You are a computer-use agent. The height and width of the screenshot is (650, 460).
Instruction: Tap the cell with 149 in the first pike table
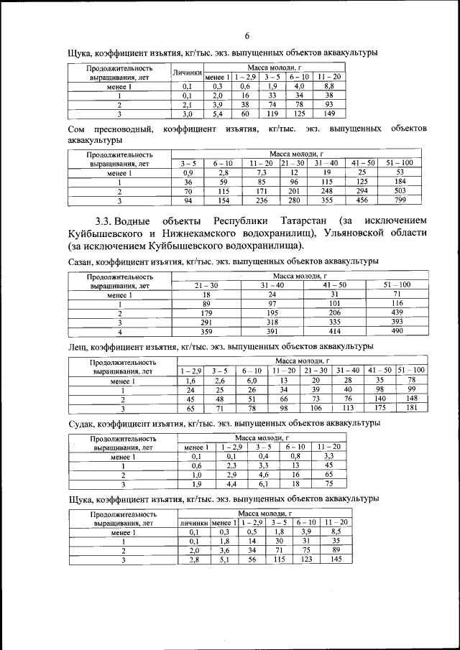click(x=329, y=113)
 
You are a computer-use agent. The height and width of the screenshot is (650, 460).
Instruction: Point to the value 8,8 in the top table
click(x=329, y=85)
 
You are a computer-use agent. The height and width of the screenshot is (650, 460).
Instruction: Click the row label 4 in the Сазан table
click(x=119, y=332)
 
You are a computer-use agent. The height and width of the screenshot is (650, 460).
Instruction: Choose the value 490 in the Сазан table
click(x=397, y=332)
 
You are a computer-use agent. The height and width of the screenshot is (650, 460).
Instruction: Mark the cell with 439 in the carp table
click(x=397, y=313)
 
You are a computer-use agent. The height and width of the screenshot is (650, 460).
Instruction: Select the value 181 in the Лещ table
click(x=411, y=409)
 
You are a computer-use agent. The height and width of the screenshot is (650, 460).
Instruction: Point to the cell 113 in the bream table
click(x=348, y=409)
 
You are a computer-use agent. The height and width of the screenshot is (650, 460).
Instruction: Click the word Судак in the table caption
click(x=83, y=423)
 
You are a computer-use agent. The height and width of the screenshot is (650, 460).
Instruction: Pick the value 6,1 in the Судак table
click(x=264, y=484)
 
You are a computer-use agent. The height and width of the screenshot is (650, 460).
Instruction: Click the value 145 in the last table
click(x=336, y=560)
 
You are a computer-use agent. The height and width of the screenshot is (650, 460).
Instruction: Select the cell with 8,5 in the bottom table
click(x=336, y=531)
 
